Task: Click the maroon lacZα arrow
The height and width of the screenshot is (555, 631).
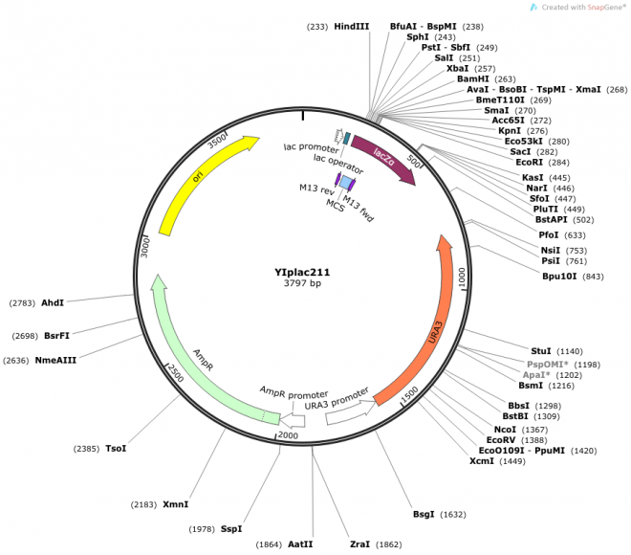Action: coord(382,158)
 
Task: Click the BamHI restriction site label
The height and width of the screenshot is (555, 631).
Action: coord(472,78)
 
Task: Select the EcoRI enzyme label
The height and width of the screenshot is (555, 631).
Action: coord(529,162)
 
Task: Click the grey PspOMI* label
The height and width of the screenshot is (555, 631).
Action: coord(548,365)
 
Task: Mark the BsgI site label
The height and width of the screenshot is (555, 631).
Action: coord(424,514)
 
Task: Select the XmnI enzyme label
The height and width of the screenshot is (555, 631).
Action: coord(176,503)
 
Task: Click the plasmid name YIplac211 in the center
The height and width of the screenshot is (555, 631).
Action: coord(302,272)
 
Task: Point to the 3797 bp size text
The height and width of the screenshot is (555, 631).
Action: coord(302,284)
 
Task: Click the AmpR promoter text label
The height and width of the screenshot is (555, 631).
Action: coord(294,392)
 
